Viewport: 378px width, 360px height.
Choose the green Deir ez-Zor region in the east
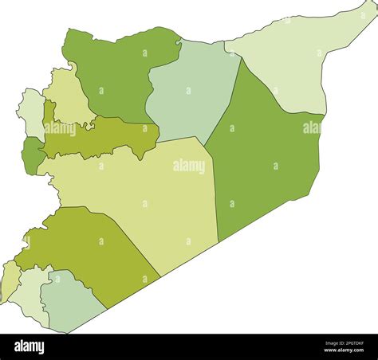263,159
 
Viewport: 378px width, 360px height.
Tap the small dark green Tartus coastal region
33,155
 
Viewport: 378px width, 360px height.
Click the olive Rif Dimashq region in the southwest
88,247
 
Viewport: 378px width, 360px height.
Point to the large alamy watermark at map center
189,166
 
